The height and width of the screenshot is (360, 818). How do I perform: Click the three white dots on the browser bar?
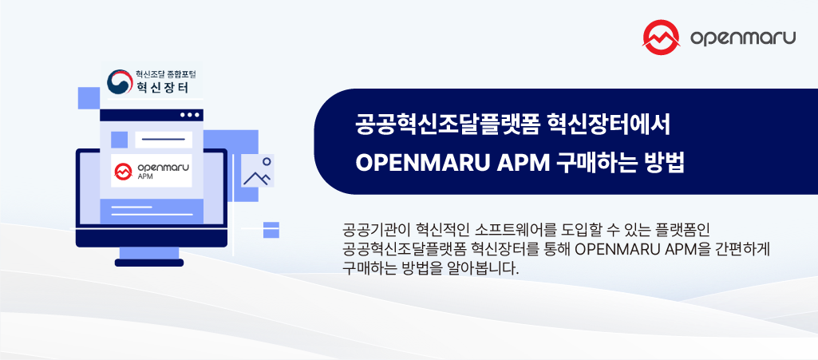[189, 115]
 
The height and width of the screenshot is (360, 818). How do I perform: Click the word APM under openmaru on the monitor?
[147, 177]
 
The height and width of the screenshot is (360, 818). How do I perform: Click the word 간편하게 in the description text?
[740, 249]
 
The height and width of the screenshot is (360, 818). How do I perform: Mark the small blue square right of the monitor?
[271, 230]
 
